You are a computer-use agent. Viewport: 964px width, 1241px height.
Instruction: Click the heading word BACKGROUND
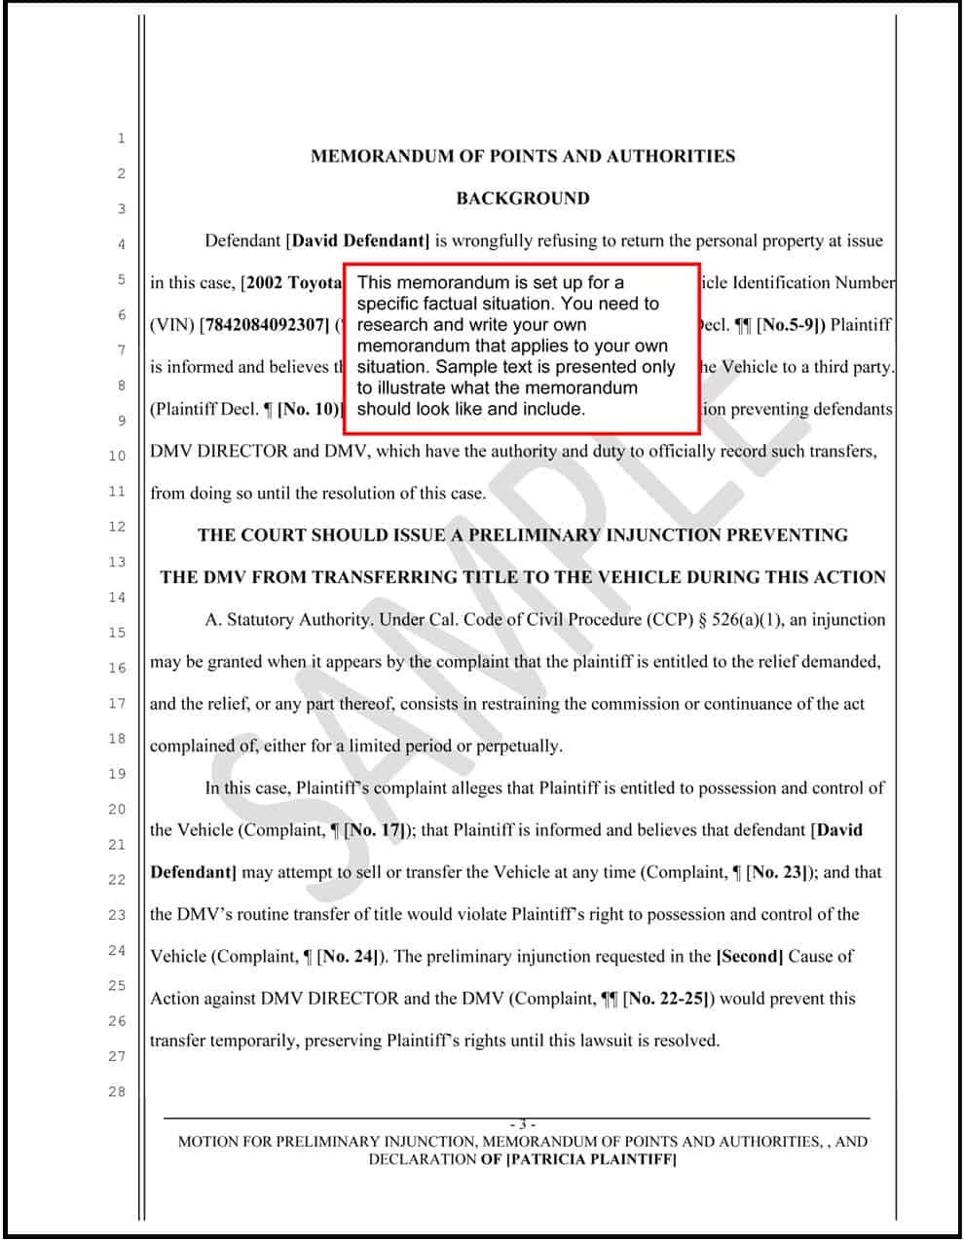tap(523, 199)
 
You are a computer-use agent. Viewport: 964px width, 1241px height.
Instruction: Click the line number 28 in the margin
tap(117, 1092)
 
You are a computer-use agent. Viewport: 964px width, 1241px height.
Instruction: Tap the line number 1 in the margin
tap(121, 138)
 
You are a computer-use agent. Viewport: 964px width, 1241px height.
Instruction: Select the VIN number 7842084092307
tap(264, 325)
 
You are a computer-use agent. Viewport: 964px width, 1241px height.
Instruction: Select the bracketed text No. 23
tap(780, 872)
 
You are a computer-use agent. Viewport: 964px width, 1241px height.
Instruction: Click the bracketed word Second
tap(750, 957)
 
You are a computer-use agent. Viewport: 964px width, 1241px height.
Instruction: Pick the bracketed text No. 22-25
tap(669, 999)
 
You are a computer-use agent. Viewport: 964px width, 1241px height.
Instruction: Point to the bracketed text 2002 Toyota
tap(295, 283)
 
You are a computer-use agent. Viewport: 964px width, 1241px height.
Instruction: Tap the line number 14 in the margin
tap(117, 597)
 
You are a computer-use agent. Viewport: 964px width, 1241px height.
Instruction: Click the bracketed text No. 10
tap(310, 409)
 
